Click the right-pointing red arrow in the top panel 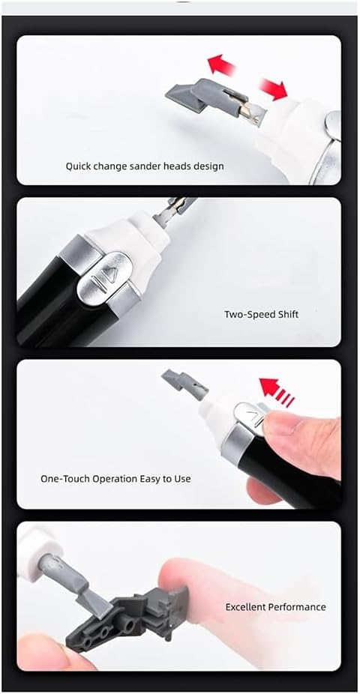(273, 88)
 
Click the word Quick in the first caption (78, 167)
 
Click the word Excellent (246, 607)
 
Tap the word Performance (298, 607)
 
